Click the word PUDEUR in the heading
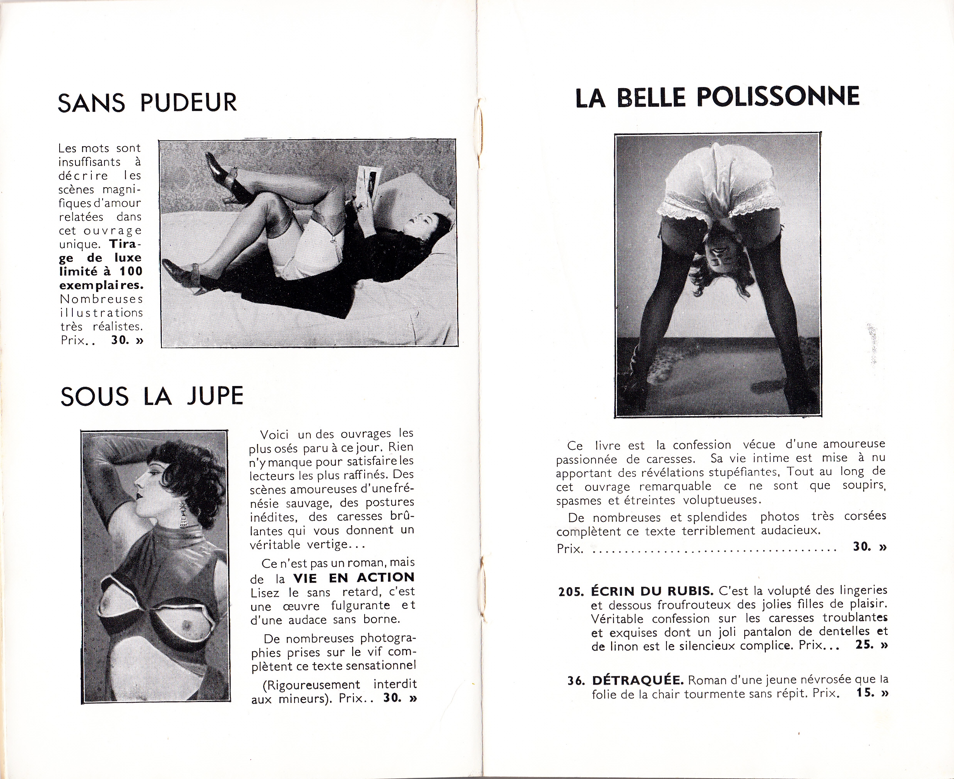188,102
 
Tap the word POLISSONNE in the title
778,97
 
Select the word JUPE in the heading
215,396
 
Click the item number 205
570,591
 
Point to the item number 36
576,681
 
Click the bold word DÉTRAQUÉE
637,680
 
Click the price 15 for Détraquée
865,692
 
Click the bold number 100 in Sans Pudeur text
131,271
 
